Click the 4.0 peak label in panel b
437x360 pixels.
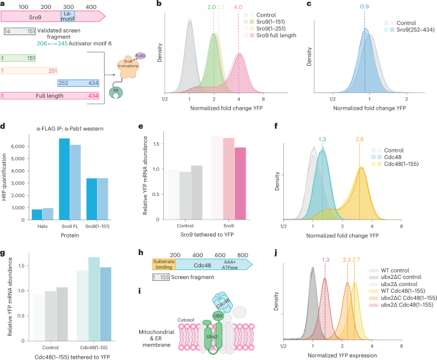238,7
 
